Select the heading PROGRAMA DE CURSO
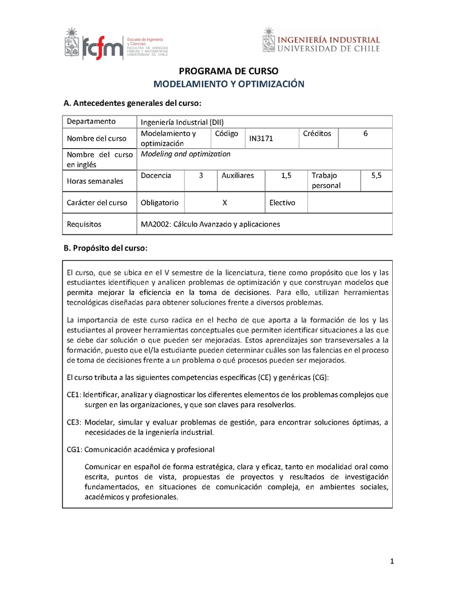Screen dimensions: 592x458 [x=229, y=71]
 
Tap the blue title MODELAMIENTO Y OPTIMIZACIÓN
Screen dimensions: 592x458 [x=229, y=84]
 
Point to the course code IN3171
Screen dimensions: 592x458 [x=261, y=138]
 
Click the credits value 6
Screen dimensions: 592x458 [x=365, y=134]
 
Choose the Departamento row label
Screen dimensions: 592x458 [x=91, y=121]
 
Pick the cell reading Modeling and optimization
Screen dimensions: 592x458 [x=185, y=154]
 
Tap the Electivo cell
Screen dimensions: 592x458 [x=282, y=202]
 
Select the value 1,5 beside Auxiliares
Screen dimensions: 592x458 [x=286, y=176]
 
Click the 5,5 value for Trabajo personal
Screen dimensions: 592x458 [x=376, y=176]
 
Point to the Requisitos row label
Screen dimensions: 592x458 [x=84, y=224]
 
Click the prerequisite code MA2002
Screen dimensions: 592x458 [x=155, y=224]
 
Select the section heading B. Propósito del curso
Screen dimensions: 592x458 [x=105, y=248]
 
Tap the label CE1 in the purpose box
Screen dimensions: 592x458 [x=74, y=395]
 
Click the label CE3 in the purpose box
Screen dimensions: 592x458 [x=74, y=423]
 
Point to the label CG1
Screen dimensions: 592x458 [x=74, y=450]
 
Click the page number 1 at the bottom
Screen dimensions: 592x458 [x=392, y=562]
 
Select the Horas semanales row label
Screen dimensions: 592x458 [x=95, y=181]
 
